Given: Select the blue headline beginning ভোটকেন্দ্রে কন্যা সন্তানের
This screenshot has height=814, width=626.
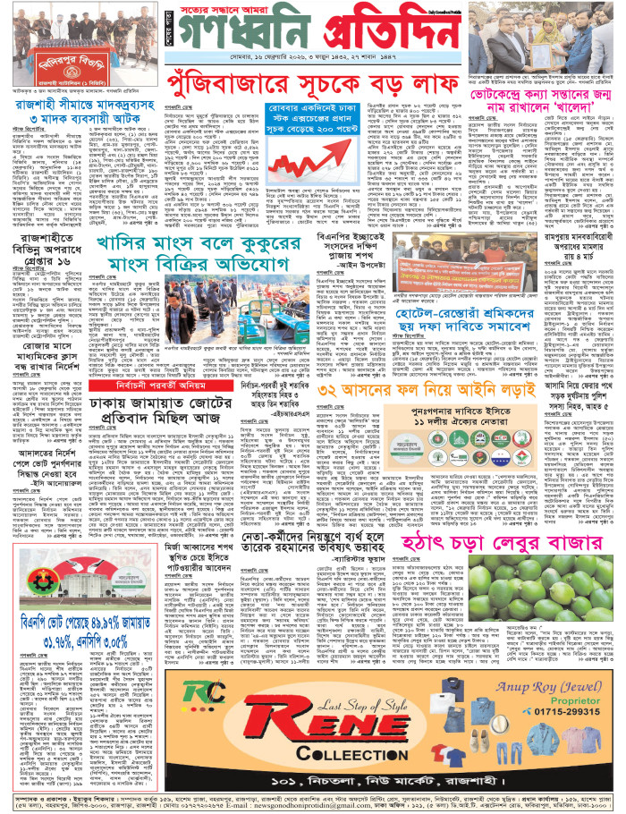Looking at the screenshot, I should pos(541,97).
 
